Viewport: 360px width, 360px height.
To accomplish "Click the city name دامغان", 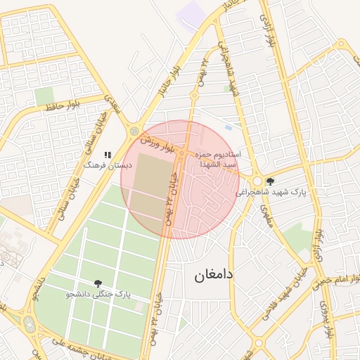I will tap(213, 274).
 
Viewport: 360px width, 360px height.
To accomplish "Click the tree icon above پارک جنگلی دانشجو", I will tap(97, 283).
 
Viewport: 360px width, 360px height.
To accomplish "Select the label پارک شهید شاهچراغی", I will tap(279, 191).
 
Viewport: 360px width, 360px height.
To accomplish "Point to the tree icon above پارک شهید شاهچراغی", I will tap(270, 181).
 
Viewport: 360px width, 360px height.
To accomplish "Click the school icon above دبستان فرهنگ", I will tap(108, 154).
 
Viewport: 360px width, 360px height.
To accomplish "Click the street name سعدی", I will tap(112, 106).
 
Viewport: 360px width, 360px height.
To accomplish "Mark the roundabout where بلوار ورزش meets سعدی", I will tap(134, 130).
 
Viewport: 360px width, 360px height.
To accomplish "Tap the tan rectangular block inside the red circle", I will tap(148, 185).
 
